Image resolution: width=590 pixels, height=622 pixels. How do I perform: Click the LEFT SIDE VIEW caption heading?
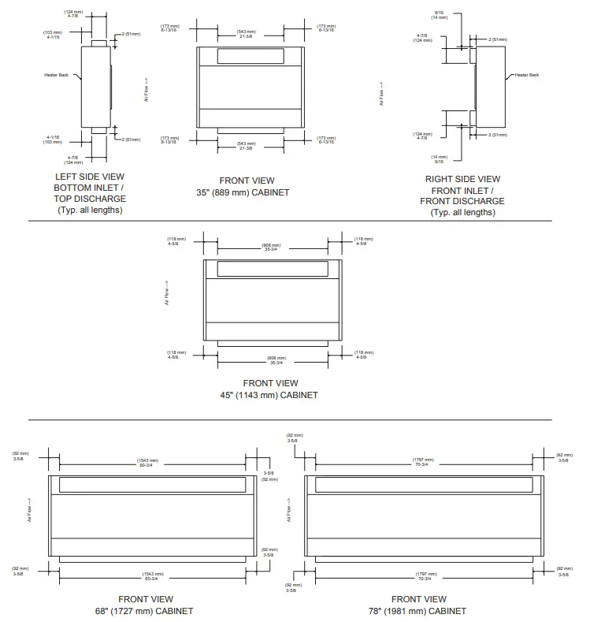[x=89, y=177]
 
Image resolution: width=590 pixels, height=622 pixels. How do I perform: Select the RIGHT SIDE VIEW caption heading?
[x=462, y=179]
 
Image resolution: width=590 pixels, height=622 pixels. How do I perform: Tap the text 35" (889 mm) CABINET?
[x=243, y=192]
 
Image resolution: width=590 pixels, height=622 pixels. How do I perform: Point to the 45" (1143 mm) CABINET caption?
[x=269, y=395]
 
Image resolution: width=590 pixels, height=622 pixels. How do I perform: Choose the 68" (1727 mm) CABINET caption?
[x=144, y=611]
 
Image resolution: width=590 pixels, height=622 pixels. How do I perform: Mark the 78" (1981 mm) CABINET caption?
[x=418, y=611]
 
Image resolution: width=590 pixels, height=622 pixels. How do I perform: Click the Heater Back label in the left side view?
[x=57, y=75]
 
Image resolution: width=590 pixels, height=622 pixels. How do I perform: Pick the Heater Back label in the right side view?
[x=527, y=75]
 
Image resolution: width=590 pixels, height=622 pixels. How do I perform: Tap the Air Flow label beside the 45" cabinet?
[x=167, y=294]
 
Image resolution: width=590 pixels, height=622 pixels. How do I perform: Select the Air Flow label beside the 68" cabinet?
[x=29, y=509]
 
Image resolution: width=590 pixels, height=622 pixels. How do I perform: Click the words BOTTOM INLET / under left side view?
[x=89, y=188]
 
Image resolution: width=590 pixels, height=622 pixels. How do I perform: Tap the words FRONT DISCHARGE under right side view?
[x=462, y=201]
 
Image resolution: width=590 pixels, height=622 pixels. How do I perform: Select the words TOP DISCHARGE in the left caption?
[x=89, y=199]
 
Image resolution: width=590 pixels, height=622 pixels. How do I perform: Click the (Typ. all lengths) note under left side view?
[x=89, y=210]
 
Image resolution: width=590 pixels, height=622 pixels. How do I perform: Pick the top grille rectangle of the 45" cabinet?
[x=272, y=268]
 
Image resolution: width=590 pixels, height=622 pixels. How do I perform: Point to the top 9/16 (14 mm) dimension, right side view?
[x=439, y=14]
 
